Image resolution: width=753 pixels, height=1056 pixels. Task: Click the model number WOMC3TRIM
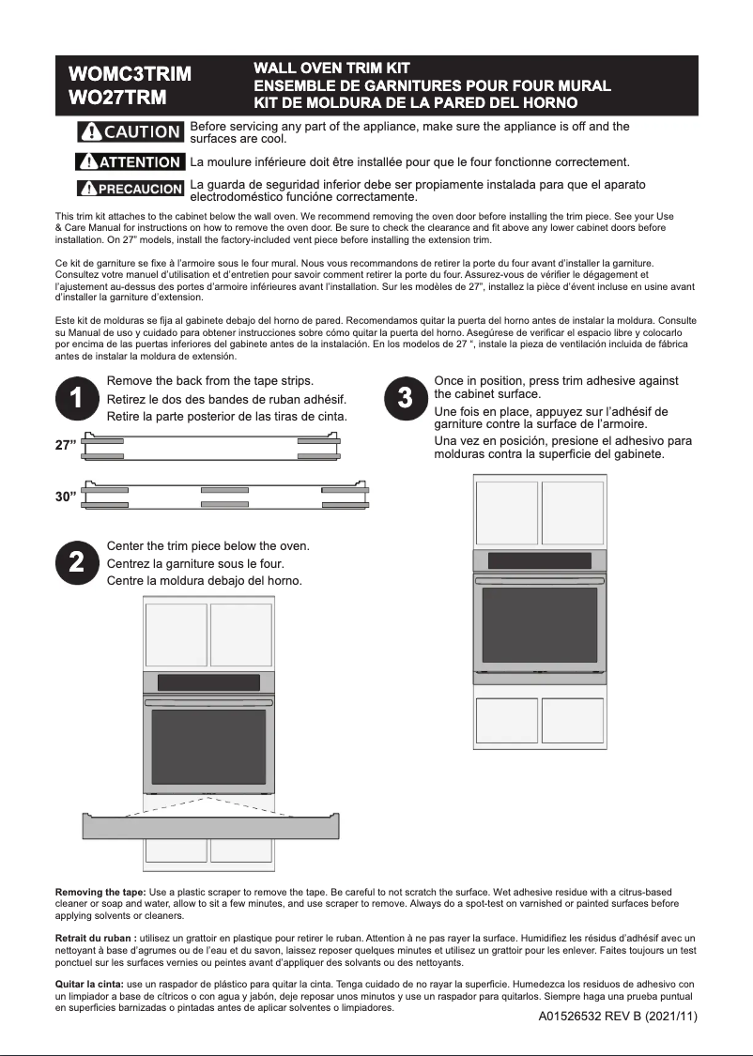coord(130,74)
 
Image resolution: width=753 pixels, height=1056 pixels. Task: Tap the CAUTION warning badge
coord(130,131)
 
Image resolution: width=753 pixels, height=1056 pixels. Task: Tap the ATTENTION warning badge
coord(129,162)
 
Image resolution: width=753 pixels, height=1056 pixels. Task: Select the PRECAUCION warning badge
coord(130,189)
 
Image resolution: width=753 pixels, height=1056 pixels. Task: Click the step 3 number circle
coord(406,398)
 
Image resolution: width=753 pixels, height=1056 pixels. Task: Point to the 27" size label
coord(66,446)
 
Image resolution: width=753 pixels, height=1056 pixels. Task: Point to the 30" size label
coord(66,497)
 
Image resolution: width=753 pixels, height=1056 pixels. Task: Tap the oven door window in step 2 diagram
coord(208,746)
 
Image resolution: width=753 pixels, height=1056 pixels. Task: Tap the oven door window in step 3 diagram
coord(539,624)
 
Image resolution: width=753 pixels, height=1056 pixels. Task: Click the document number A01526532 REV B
coord(618,1017)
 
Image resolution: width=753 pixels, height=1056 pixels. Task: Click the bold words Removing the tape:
coord(100,892)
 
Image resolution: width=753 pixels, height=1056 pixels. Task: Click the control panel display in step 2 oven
coord(208,682)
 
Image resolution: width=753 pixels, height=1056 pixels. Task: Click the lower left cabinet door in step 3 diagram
coord(506,721)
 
